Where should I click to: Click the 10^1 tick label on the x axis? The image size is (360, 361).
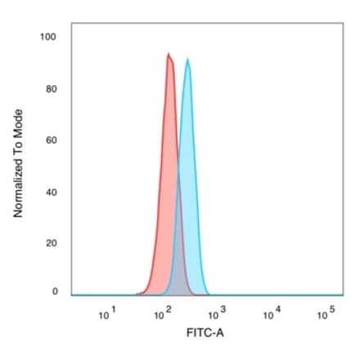pos(108,314)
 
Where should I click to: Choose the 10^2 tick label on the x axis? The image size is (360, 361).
pos(163,314)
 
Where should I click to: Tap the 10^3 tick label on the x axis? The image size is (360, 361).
pos(218,314)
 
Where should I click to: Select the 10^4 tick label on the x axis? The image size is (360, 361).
pos(272,314)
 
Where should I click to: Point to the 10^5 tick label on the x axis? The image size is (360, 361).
pos(327,314)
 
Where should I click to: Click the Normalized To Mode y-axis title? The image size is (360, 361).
pos(18,164)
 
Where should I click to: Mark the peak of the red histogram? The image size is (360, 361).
pos(169,54)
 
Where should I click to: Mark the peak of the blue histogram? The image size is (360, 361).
pos(188,59)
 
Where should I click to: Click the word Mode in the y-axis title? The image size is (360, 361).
pos(18,124)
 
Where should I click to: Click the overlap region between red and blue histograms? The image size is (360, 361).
pos(179,262)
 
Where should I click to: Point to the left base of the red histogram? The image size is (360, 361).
pos(137,293)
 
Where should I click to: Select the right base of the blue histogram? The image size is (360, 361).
pos(210,293)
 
